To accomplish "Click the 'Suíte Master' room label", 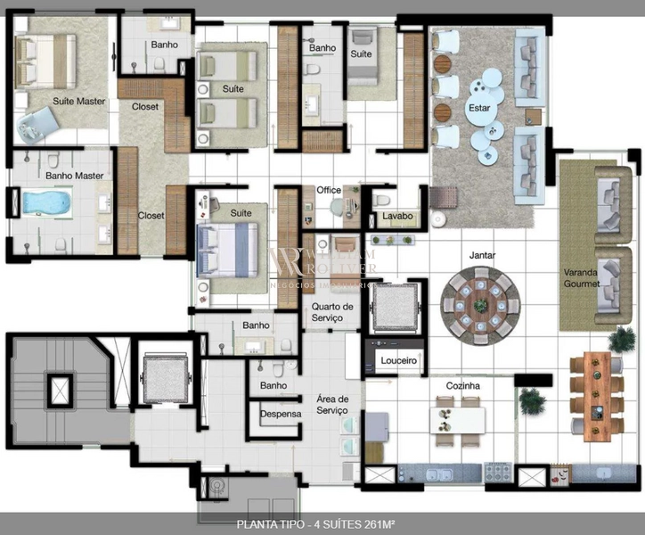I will click(x=78, y=101).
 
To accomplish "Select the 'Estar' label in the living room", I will click(x=478, y=108).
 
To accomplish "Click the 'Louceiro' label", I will click(x=398, y=361).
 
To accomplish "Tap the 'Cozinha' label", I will click(x=463, y=385).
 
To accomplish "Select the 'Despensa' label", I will click(x=280, y=415).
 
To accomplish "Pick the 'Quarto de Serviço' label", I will click(x=332, y=312).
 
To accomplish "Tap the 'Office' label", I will click(x=329, y=190).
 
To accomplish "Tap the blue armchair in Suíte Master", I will click(x=36, y=125).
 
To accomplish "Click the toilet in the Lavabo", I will click(x=382, y=199).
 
